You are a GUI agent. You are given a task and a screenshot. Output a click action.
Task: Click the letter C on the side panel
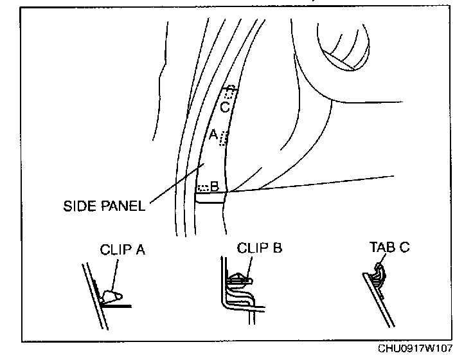(224, 107)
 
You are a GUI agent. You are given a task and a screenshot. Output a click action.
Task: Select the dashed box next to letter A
(224, 138)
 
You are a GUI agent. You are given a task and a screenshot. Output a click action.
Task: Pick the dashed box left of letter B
(203, 188)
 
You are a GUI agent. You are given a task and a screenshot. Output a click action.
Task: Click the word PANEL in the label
(122, 207)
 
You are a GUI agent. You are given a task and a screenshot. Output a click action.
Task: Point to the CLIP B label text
(260, 248)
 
